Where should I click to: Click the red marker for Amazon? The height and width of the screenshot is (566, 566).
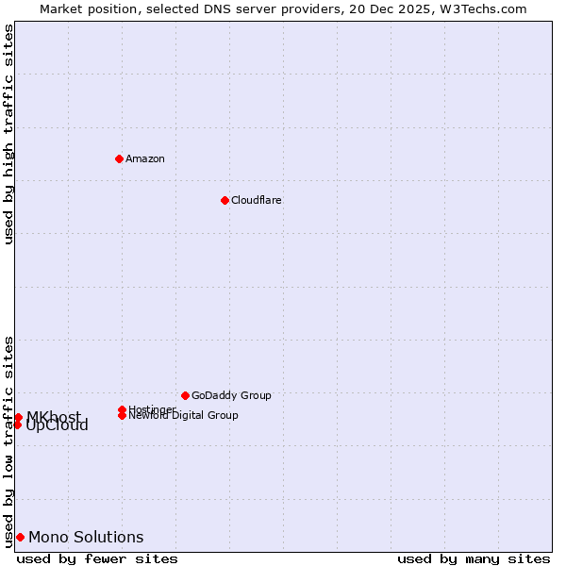(119, 158)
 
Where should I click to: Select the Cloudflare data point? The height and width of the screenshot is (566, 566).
(225, 200)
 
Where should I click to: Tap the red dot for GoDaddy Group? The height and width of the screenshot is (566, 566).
(185, 395)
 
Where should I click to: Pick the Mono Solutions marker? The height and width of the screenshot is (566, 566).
(20, 538)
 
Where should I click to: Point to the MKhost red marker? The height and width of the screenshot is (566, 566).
(18, 417)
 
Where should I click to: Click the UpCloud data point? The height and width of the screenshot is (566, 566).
(17, 424)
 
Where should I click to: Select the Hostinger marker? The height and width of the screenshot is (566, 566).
(123, 409)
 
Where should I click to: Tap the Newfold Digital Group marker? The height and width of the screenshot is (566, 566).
(123, 415)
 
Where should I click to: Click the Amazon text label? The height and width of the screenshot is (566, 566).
(144, 158)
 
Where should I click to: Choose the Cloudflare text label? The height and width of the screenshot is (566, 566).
(256, 200)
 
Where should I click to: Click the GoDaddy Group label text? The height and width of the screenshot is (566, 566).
(231, 395)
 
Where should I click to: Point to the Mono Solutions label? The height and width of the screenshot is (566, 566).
(86, 538)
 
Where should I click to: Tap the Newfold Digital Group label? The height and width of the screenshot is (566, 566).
(183, 416)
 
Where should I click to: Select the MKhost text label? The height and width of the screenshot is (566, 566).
(53, 417)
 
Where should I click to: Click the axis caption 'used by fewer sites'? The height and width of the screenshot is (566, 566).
(97, 558)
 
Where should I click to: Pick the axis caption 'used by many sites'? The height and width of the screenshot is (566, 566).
(474, 558)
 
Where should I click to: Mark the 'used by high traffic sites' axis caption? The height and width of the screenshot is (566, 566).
(8, 134)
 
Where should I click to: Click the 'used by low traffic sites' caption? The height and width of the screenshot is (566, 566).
(8, 441)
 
